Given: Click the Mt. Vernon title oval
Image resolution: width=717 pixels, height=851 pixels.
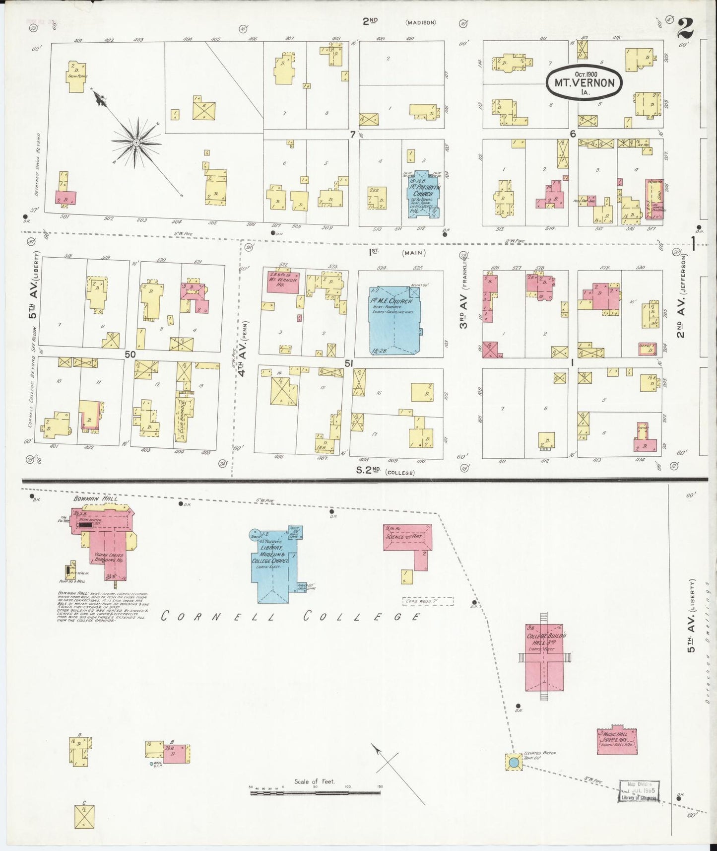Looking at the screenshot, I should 584,83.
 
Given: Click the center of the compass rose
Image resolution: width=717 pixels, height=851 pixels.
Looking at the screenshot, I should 136,142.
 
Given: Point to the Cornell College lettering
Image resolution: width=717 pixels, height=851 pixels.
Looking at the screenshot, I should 292,617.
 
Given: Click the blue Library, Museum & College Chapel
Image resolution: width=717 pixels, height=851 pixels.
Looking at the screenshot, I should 273,566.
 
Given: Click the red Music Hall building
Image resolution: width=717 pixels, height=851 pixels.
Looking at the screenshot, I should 617,742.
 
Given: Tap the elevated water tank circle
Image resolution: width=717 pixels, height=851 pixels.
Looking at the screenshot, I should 514,762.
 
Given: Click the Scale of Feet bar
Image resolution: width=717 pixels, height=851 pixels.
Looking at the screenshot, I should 315,793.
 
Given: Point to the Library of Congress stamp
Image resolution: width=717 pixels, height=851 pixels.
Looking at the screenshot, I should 639,791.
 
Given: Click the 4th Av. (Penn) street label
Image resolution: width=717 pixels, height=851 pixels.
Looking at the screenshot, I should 244,349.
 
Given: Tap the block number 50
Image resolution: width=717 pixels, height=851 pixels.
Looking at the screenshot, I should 130,355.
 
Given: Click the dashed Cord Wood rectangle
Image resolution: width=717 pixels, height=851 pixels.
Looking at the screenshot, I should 428,601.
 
